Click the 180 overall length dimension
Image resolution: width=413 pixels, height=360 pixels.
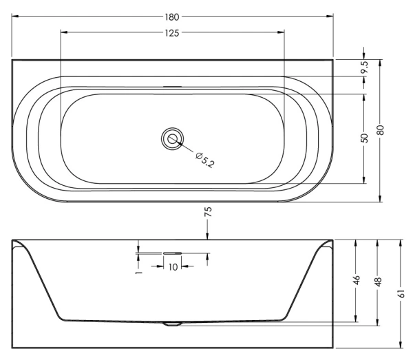(x=172, y=17)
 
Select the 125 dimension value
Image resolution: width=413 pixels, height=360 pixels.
(x=172, y=33)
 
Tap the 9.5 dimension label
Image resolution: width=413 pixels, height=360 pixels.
(x=365, y=67)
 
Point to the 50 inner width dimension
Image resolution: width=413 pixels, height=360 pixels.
(x=364, y=138)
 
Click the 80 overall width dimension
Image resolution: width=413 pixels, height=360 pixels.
(x=381, y=130)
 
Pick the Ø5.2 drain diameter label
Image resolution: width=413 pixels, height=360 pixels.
(x=205, y=160)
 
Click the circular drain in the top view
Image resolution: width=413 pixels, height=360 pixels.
(x=172, y=139)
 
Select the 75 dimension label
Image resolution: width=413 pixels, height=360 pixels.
(x=208, y=212)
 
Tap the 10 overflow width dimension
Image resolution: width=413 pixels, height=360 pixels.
(x=173, y=267)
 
